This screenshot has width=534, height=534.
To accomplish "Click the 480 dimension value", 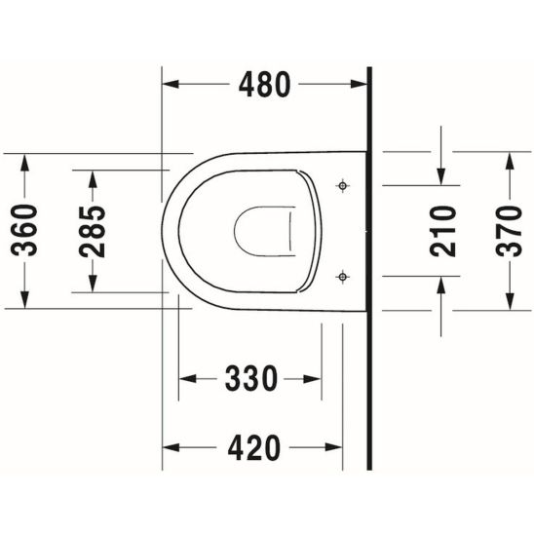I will (264, 86).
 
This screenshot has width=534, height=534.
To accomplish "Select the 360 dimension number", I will (26, 230).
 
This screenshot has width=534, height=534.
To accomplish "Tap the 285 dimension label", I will (93, 230).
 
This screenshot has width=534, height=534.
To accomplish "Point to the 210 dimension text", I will (443, 230).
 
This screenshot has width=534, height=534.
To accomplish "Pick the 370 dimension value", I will (509, 230).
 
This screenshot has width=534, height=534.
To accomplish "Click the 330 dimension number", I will (251, 377).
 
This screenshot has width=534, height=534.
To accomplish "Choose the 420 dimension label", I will (251, 447).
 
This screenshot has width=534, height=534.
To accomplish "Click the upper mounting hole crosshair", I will (342, 184).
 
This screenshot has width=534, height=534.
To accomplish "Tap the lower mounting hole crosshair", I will (342, 277).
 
